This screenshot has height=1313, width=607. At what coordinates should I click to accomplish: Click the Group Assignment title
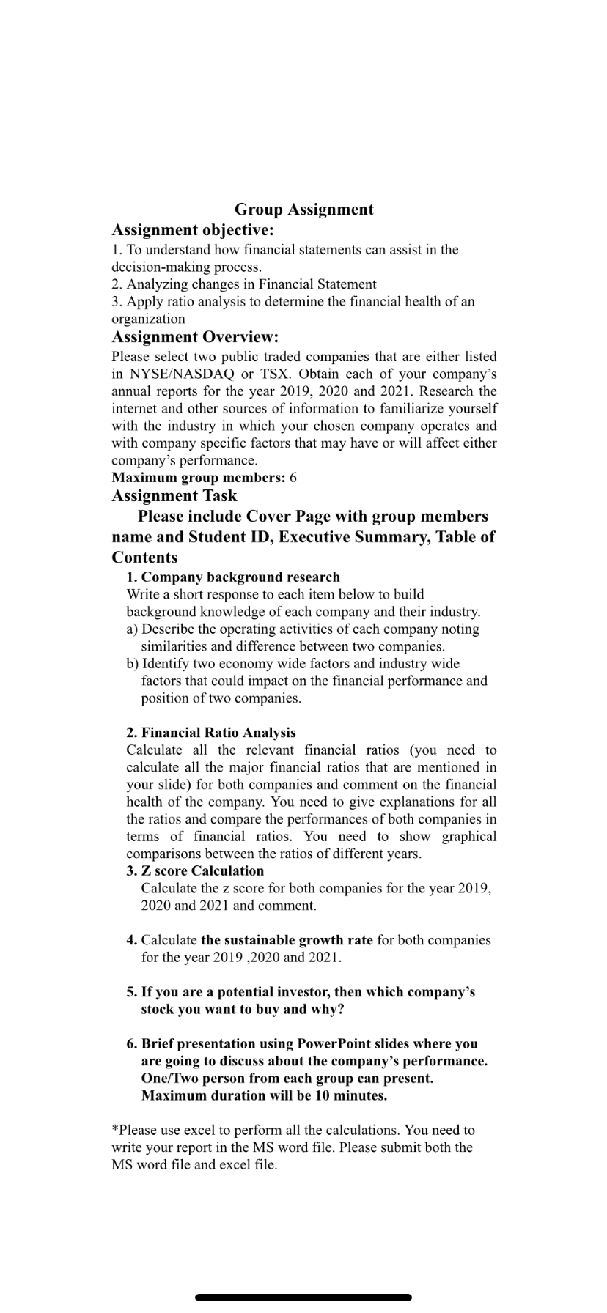tap(303, 210)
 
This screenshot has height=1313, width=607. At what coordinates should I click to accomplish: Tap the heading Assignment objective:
tap(192, 231)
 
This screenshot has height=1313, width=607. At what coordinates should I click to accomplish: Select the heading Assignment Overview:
tap(195, 337)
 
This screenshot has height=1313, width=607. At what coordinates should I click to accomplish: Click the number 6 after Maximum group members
tap(293, 478)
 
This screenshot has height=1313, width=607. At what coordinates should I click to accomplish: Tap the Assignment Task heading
tap(174, 496)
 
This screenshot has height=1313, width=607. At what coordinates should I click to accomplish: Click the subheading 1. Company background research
tap(233, 577)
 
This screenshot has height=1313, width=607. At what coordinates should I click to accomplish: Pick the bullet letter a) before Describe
tap(133, 629)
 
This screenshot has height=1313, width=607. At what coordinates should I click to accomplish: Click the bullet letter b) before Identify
tap(133, 663)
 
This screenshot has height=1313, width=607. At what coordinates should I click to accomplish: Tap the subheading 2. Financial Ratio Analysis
tap(211, 732)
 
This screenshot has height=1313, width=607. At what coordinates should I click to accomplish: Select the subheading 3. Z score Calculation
tap(195, 870)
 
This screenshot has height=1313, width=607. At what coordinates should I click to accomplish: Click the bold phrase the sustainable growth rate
tap(287, 939)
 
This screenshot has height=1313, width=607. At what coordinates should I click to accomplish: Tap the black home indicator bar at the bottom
tap(303, 1297)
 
